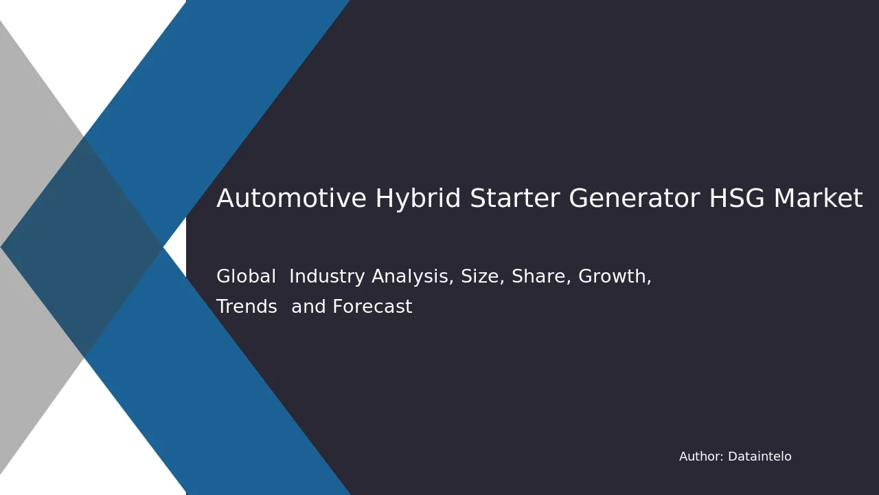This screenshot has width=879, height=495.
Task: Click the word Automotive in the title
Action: [292, 197]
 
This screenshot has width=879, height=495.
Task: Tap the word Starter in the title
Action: [514, 197]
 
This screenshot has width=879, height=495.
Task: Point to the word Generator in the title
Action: [634, 197]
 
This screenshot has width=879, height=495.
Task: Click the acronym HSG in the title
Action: [737, 197]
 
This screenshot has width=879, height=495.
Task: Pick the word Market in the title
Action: [818, 197]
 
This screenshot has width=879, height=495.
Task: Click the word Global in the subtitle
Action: [246, 276]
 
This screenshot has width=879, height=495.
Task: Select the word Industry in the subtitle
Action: [327, 277]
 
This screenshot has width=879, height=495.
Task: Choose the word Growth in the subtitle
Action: [615, 276]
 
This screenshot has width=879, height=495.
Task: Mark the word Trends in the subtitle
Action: [247, 307]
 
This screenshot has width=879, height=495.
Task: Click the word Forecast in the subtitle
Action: [372, 307]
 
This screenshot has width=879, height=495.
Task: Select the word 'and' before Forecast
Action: [308, 307]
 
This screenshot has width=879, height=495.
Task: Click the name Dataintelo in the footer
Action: [760, 456]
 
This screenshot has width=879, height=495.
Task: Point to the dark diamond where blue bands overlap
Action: [82, 247]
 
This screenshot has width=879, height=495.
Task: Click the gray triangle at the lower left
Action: [27, 353]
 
